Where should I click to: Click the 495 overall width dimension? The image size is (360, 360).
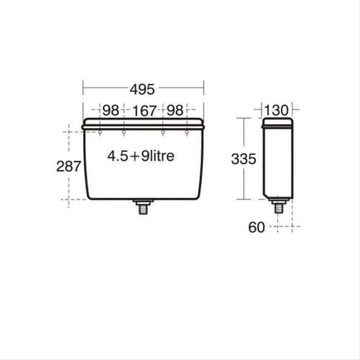142,89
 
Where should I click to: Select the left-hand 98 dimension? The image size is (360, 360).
111,110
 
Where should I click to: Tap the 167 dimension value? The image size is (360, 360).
145,111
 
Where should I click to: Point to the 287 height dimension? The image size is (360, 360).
68,166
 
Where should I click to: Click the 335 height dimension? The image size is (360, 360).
243,159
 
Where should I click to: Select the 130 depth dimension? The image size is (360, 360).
278,110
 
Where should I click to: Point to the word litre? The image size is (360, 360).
159,156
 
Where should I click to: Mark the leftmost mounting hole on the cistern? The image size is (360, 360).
100,133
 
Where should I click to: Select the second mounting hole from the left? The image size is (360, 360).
123,133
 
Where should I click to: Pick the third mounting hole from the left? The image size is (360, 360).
163,133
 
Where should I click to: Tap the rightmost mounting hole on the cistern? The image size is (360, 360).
187,133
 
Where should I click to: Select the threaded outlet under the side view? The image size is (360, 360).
279,207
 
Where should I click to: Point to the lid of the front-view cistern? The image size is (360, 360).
143,122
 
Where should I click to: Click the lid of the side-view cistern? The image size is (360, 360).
278,122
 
